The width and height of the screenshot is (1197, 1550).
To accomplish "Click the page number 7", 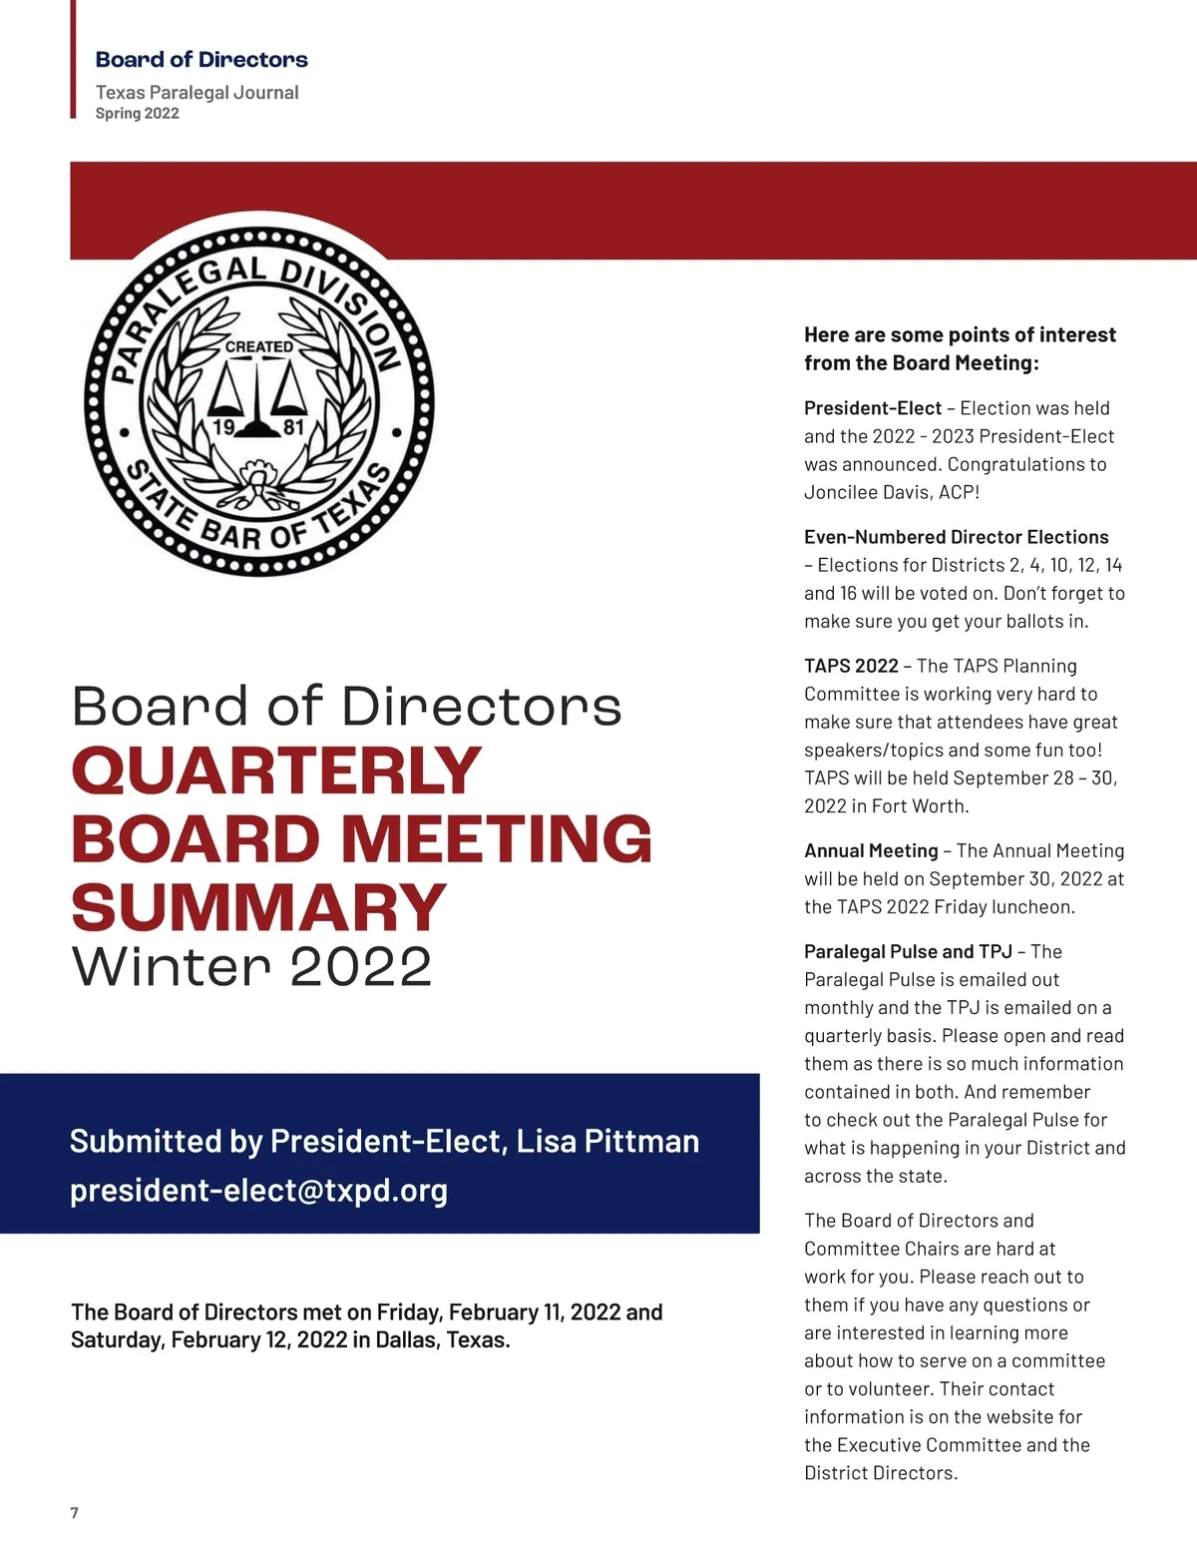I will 74,1513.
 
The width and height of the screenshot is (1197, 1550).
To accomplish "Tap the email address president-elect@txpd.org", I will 258,1191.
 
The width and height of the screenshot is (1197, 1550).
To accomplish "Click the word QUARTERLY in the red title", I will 276,771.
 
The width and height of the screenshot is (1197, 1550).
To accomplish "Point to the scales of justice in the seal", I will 257,396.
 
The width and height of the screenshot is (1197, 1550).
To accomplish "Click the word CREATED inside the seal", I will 259,346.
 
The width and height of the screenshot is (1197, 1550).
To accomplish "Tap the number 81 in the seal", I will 293,427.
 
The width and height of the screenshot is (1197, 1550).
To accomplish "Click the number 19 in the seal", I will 223,427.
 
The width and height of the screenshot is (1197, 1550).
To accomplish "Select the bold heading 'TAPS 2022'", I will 851,666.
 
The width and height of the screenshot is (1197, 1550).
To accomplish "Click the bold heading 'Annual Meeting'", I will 871,850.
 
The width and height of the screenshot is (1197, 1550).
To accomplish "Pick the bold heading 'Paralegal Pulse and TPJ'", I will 908,951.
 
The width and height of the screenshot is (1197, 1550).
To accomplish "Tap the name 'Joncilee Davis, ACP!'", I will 892,492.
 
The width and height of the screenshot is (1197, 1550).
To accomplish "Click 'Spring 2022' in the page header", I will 138,114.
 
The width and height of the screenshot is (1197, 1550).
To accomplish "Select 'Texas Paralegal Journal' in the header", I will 197,92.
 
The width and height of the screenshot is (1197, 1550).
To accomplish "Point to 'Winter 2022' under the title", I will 251,966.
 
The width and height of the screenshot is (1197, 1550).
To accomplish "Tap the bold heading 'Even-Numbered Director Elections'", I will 956,537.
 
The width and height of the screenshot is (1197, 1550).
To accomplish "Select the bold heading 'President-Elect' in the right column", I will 872,408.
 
